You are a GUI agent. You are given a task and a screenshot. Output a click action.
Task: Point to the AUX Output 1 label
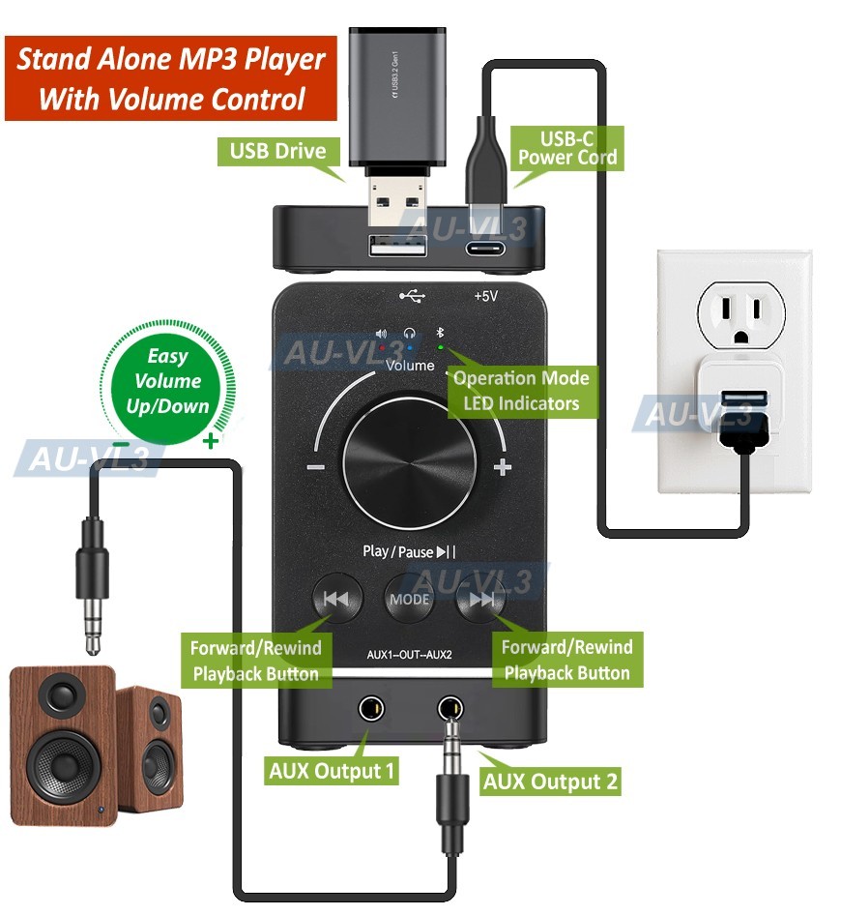[332, 772]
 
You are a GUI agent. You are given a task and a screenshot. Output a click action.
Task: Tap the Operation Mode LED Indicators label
[521, 390]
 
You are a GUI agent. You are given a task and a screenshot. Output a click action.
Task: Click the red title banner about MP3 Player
[171, 78]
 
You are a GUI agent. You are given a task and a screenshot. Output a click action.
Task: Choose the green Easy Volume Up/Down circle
[168, 381]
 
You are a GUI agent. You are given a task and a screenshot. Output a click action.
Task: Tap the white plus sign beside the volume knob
[502, 468]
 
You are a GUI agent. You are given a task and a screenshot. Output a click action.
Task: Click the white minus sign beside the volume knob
[315, 468]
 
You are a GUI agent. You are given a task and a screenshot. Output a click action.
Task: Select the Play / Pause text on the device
[408, 551]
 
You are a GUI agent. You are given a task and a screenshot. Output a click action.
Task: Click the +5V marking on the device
[485, 297]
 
